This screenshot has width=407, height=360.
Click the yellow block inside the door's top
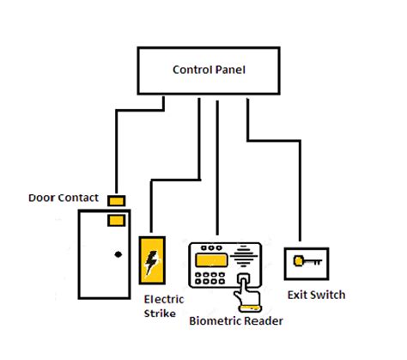click(114, 221)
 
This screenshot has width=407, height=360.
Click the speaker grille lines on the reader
click(246, 258)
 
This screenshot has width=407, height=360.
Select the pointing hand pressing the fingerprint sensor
click(247, 290)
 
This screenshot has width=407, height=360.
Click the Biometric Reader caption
click(235, 321)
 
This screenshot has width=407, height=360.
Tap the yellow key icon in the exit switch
click(305, 261)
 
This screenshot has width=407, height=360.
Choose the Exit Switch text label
click(316, 296)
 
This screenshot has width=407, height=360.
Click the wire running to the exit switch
click(299, 189)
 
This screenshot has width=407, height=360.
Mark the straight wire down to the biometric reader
click(217, 172)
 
